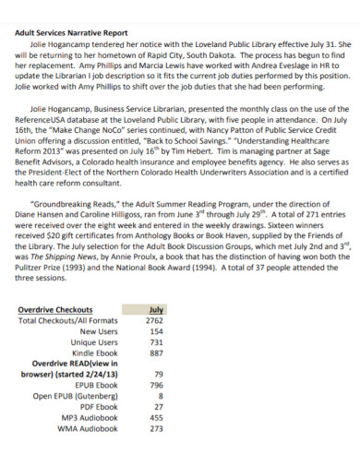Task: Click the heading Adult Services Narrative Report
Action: pos(76,31)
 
